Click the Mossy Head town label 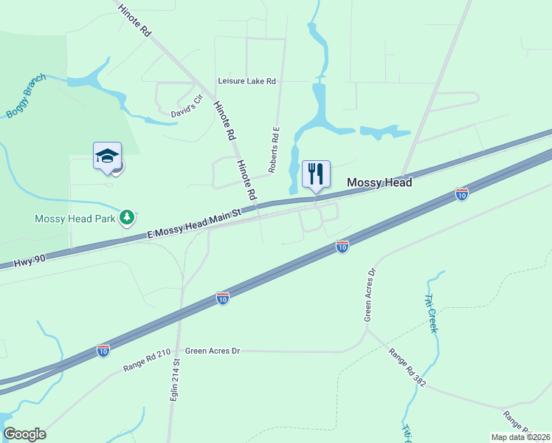pyautogui.click(x=379, y=182)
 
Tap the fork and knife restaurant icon pyautogui.click(x=316, y=174)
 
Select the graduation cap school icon pyautogui.click(x=107, y=156)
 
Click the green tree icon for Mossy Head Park pyautogui.click(x=128, y=218)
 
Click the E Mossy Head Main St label pyautogui.click(x=195, y=224)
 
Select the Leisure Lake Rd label pyautogui.click(x=246, y=82)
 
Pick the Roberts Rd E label pyautogui.click(x=274, y=150)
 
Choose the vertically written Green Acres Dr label pyautogui.click(x=370, y=295)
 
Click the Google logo pyautogui.click(x=24, y=434)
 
